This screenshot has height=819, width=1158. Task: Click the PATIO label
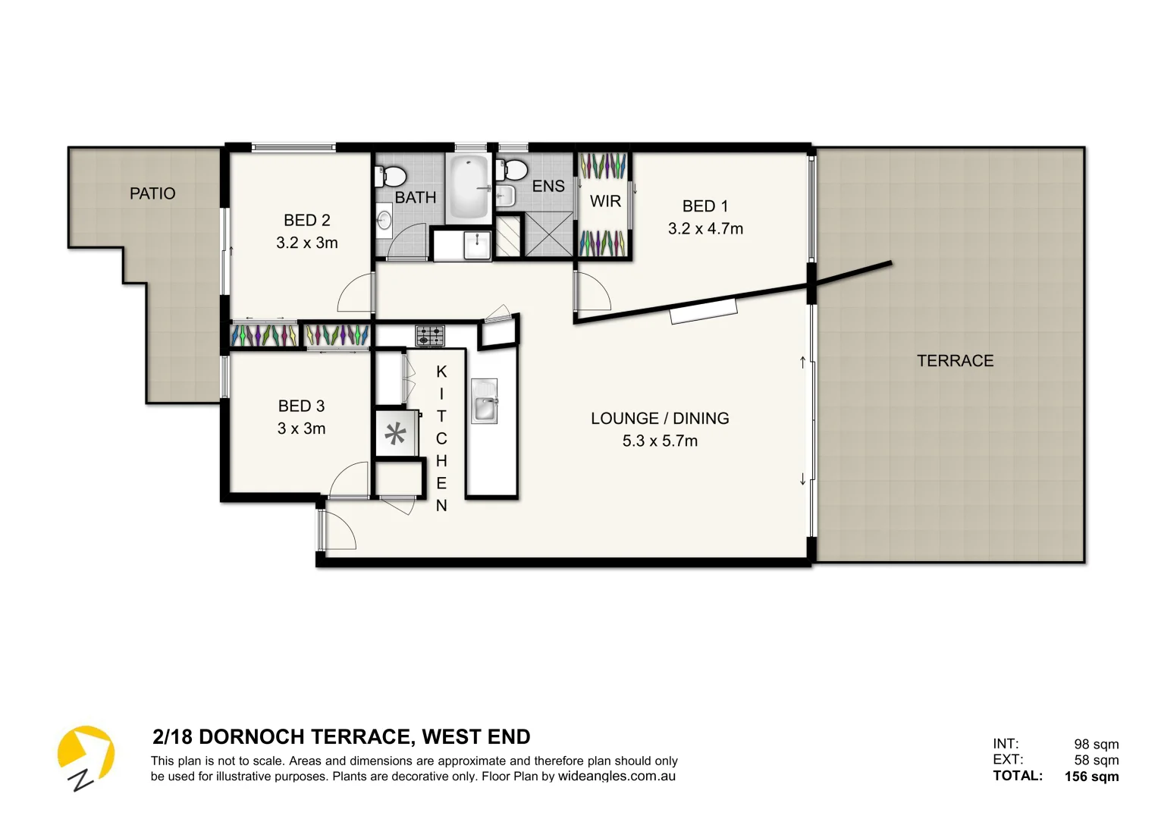152,193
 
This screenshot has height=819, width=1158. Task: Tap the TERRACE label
955,361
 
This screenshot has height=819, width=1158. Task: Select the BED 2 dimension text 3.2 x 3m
306,243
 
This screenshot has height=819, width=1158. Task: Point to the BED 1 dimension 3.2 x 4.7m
705,229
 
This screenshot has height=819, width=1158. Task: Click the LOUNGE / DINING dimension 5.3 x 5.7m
660,441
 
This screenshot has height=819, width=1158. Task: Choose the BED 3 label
301,406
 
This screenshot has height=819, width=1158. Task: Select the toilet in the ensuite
514,169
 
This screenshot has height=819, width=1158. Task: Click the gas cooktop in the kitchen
429,335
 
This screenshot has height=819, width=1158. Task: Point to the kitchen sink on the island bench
484,402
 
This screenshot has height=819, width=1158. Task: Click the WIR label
605,202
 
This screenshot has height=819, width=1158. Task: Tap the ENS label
548,187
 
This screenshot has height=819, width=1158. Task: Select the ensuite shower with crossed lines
548,234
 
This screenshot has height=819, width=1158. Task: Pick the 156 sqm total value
1091,777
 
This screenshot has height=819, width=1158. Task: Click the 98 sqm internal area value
1096,745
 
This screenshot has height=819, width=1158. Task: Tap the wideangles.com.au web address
617,777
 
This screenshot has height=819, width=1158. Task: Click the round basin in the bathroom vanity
384,221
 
